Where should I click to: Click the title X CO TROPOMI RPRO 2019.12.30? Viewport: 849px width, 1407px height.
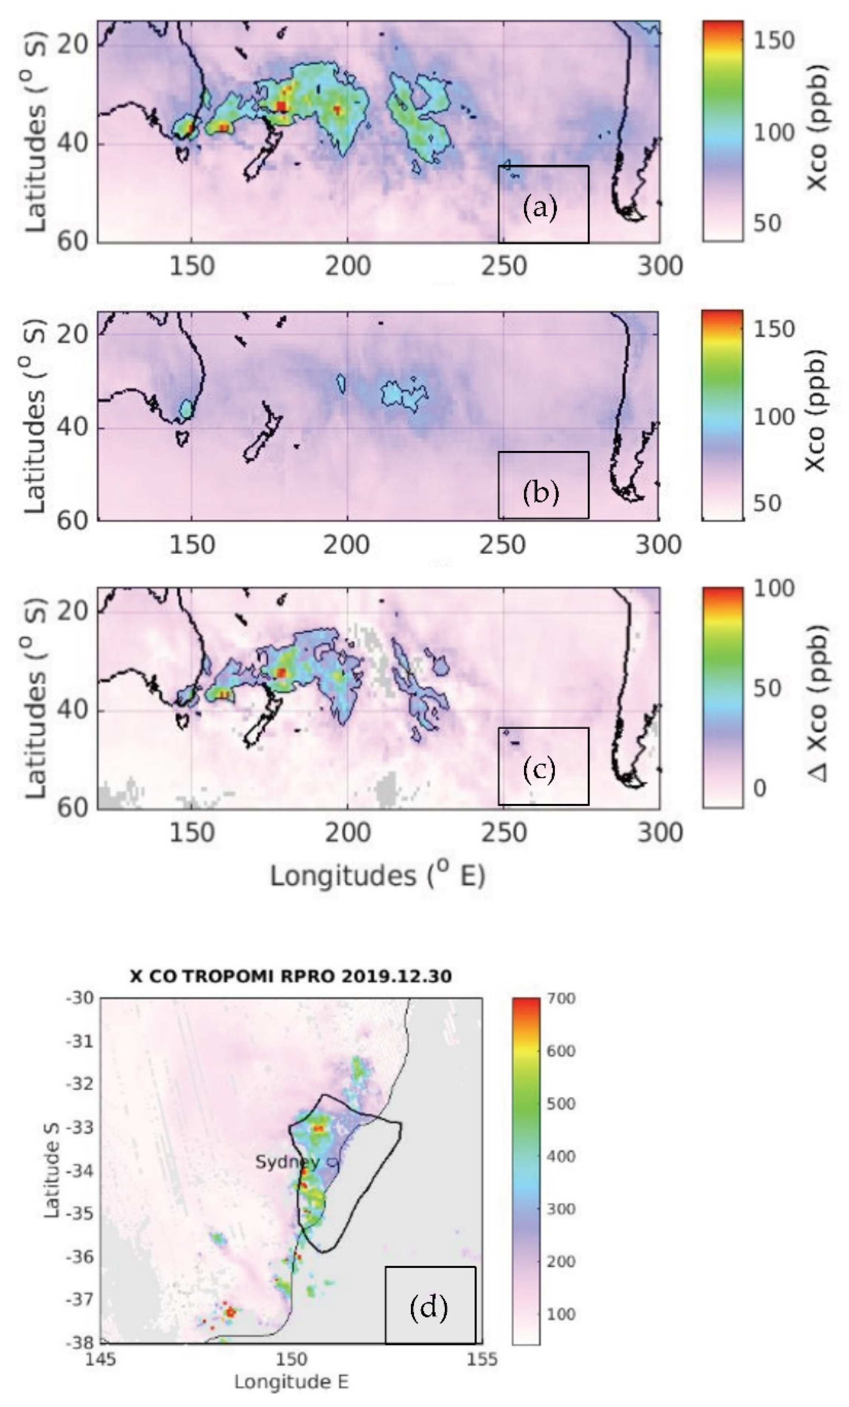click(291, 976)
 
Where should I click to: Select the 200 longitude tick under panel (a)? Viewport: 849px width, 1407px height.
click(347, 267)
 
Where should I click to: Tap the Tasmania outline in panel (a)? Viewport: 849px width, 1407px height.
click(183, 154)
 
